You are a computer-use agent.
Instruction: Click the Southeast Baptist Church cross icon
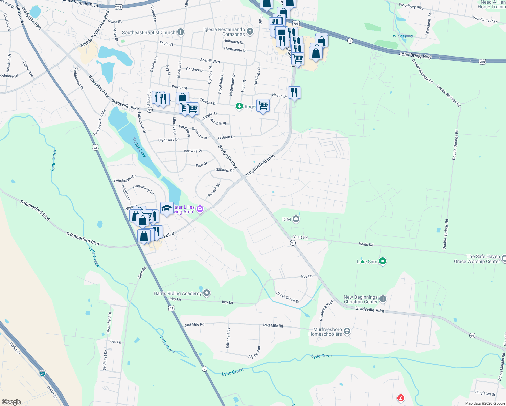pyautogui.click(x=181, y=32)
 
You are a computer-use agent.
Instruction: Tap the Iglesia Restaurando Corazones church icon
pyautogui.click(x=250, y=32)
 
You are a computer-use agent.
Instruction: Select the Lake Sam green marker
pyautogui.click(x=383, y=261)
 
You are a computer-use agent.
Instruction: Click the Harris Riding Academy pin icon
pyautogui.click(x=207, y=293)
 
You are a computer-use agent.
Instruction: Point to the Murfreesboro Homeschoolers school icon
pyautogui.click(x=347, y=331)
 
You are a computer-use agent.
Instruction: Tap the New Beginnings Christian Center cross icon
pyautogui.click(x=383, y=299)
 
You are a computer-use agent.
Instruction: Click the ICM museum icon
pyautogui.click(x=296, y=219)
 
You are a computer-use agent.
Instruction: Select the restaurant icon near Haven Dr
pyautogui.click(x=294, y=93)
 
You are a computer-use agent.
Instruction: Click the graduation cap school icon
pyautogui.click(x=167, y=208)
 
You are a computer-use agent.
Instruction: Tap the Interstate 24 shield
pyautogui.click(x=42, y=373)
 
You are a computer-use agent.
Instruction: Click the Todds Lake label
pyautogui.click(x=139, y=148)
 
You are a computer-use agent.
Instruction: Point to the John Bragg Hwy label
pyautogui.click(x=415, y=55)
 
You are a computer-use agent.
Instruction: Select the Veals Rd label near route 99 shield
pyautogui.click(x=300, y=237)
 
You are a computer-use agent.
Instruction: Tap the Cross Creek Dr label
pyautogui.click(x=288, y=297)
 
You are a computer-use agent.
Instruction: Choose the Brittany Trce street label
pyautogui.click(x=228, y=338)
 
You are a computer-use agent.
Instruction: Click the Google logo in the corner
pyautogui.click(x=11, y=402)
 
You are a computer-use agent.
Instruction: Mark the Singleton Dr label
pyautogui.click(x=485, y=393)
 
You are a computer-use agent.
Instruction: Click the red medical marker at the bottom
pyautogui.click(x=400, y=398)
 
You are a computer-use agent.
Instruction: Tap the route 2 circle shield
pyautogui.click(x=204, y=369)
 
